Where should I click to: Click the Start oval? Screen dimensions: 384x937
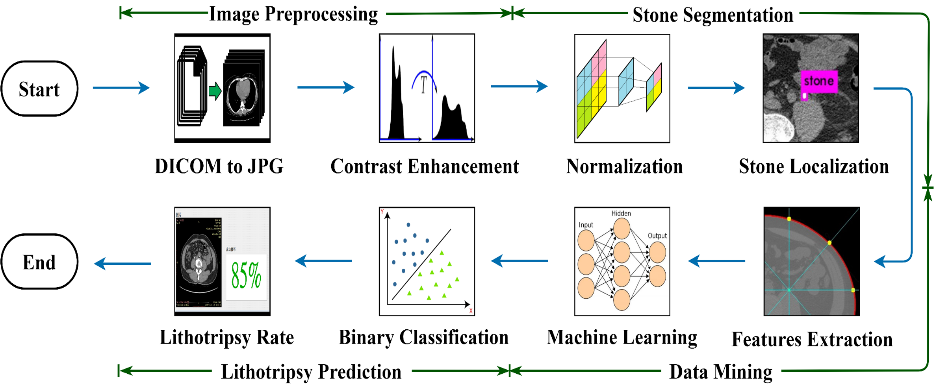point(39,89)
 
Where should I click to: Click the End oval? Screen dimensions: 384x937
point(39,262)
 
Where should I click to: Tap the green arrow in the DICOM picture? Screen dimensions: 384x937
point(215,91)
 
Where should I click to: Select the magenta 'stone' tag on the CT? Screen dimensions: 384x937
point(819,81)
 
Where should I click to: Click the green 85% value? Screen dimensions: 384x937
point(246,275)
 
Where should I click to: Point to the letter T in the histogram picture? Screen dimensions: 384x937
point(424,85)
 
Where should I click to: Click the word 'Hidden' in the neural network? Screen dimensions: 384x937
point(621,213)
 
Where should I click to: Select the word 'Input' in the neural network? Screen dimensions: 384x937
point(586,225)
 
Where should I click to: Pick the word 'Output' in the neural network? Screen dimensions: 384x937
point(657,236)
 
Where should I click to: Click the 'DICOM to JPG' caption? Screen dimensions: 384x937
point(219,166)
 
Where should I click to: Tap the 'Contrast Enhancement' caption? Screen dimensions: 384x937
point(425,166)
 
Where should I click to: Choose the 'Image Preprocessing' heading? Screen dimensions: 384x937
point(293,14)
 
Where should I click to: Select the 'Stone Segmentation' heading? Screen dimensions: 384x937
point(713,15)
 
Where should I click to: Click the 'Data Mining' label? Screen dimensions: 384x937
point(721,372)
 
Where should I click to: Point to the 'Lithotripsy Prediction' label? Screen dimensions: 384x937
point(311,372)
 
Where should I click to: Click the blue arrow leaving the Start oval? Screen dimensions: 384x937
point(121,87)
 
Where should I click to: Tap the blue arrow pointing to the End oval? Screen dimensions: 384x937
point(122,263)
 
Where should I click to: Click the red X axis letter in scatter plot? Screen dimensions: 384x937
point(471,311)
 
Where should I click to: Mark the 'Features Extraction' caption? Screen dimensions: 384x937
point(812,340)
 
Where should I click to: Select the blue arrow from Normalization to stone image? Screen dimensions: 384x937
point(716,88)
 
